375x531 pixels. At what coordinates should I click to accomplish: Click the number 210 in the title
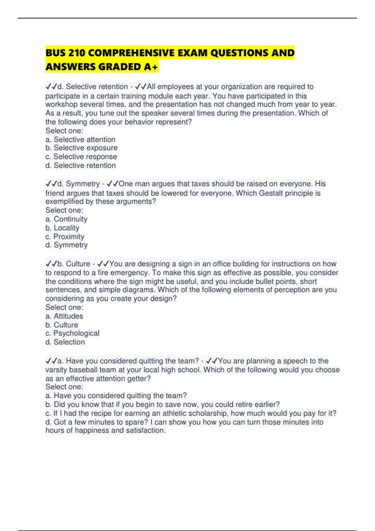tap(76, 53)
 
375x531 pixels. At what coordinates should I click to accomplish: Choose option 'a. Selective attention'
tap(80, 139)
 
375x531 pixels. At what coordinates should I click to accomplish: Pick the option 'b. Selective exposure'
tap(81, 148)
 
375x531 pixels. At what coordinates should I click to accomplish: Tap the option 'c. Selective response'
tap(81, 156)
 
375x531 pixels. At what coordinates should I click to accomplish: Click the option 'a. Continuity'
tap(66, 219)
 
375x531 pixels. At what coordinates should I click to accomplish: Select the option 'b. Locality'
tap(62, 228)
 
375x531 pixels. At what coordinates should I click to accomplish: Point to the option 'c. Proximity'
tap(65, 236)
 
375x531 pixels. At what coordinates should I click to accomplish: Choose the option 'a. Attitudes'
tap(64, 316)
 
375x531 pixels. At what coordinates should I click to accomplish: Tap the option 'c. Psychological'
tap(72, 333)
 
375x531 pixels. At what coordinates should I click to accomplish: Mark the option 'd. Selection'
tap(65, 342)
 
